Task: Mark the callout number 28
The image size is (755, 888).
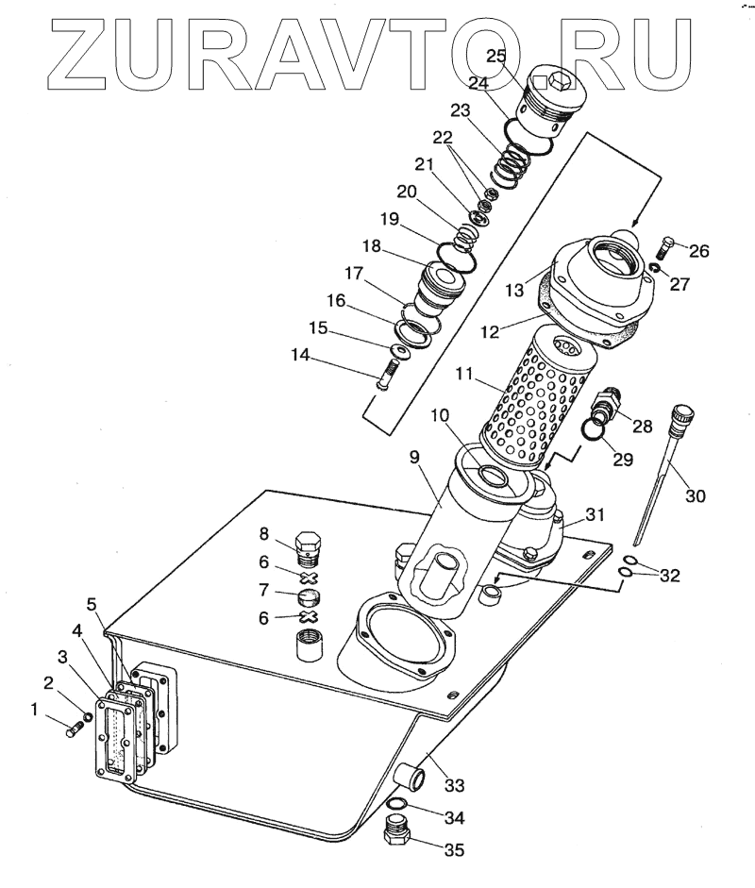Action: [643, 426]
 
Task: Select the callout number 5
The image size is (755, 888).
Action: [92, 603]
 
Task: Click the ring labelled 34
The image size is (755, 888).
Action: [398, 805]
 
